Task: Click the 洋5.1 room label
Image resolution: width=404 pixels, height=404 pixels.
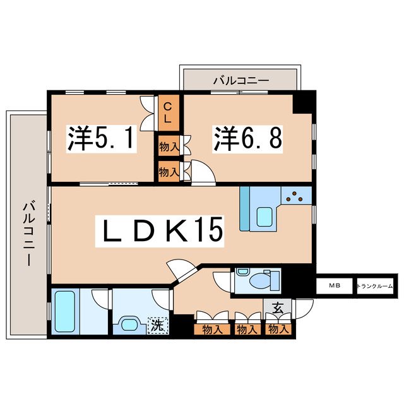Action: [101, 138]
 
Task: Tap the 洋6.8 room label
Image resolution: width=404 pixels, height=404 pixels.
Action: [247, 138]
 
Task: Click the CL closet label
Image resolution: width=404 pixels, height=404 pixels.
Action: [168, 112]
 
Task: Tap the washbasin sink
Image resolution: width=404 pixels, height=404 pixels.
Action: [131, 324]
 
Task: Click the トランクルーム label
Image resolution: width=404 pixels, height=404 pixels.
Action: [375, 286]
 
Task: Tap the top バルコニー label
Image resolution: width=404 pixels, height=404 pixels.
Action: [240, 80]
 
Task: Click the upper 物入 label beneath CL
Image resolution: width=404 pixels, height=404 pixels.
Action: [168, 147]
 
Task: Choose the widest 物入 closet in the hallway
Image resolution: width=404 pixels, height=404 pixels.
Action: [213, 328]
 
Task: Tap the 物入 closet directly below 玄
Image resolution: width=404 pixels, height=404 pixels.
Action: [278, 328]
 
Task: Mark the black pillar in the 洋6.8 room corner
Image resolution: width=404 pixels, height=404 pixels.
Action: [303, 101]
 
